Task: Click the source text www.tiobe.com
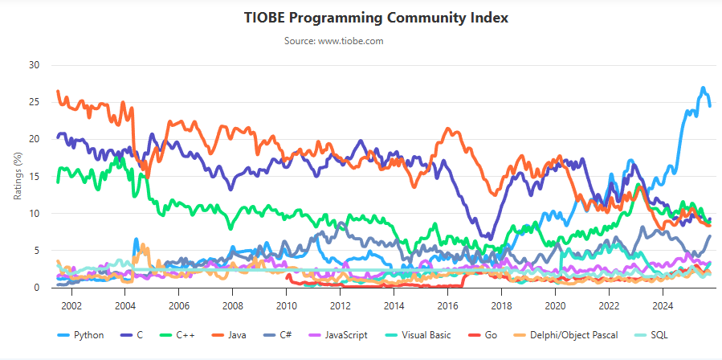pos(333,40)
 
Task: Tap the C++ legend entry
pos(184,335)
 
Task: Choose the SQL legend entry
pos(659,335)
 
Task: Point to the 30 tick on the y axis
pos(34,65)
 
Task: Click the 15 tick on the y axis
pos(34,176)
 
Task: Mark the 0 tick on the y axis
pos(36,287)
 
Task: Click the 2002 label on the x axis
pos(71,305)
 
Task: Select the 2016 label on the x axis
pos(447,305)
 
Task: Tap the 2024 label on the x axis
pos(663,305)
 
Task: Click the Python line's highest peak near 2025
pos(703,88)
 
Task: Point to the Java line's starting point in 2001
pos(57,92)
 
